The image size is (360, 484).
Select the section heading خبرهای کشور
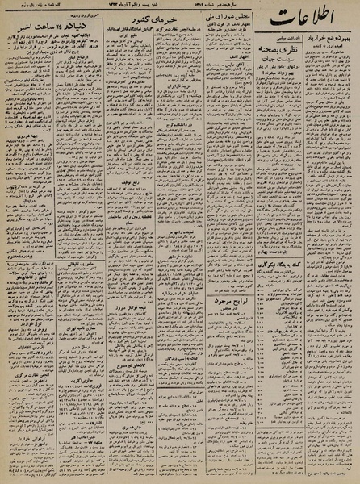click(x=134, y=65)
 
